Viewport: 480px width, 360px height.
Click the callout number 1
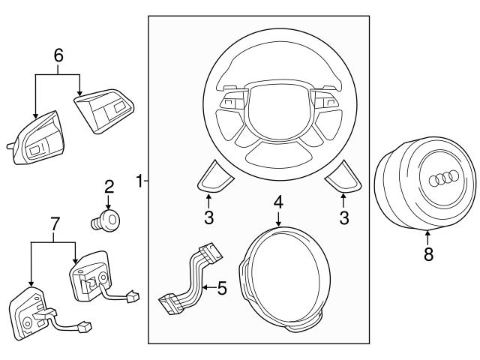coord(139,180)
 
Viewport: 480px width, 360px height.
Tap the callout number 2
coord(109,187)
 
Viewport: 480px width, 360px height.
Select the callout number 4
coord(278,201)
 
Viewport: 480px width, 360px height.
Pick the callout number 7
coord(53,223)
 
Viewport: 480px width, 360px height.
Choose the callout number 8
coord(428,254)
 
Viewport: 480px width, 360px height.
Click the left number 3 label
coord(209,218)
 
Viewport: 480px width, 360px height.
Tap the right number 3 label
coord(344,218)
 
